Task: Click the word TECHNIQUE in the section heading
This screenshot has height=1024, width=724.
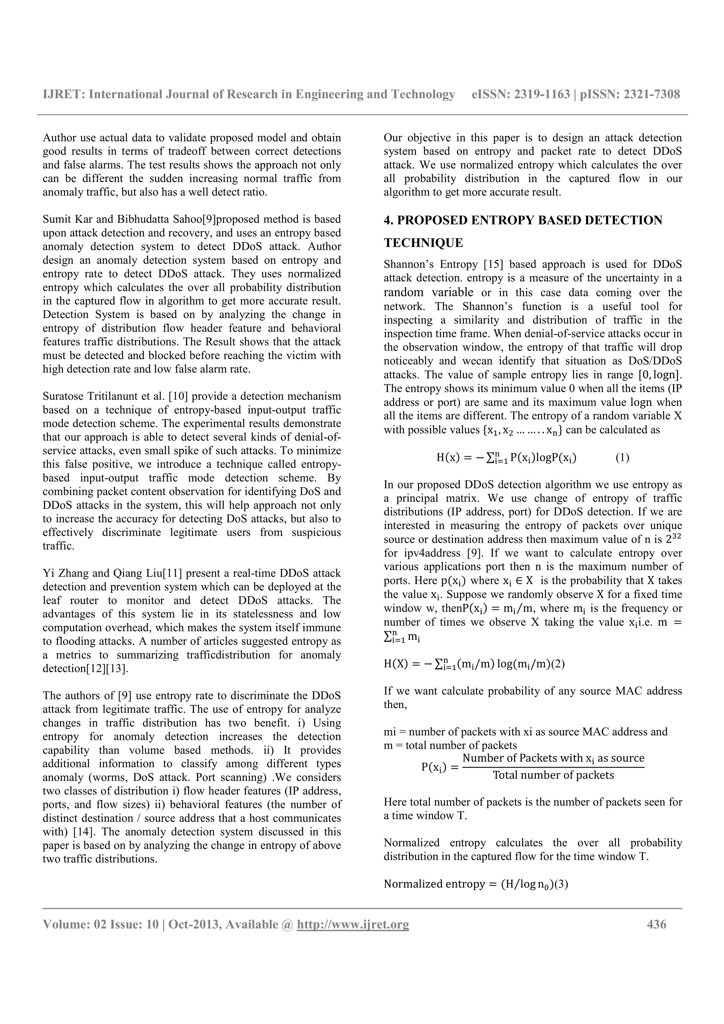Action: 424,243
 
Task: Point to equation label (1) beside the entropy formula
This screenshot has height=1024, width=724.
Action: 622,458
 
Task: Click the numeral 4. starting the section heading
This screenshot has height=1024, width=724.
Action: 388,220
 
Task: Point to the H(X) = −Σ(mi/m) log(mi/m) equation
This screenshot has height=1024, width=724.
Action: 474,664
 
